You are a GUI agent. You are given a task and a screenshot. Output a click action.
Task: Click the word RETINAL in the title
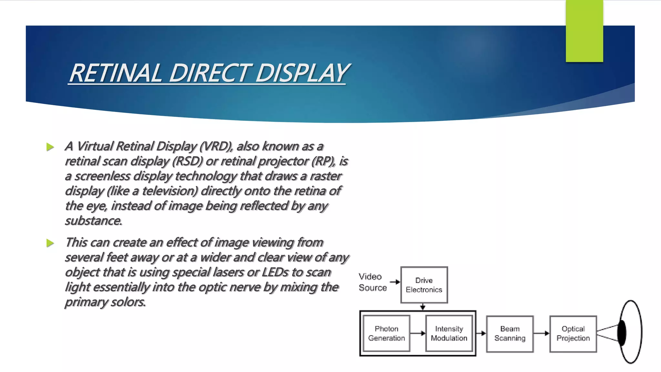point(116,73)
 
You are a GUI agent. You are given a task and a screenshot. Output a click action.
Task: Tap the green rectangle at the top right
point(584,31)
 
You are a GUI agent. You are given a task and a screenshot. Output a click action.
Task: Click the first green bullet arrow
point(50,147)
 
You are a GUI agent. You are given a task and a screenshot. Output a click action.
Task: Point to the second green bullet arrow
point(50,243)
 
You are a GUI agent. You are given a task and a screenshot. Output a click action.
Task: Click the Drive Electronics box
point(424,285)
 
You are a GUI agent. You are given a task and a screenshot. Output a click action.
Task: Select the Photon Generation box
point(386,333)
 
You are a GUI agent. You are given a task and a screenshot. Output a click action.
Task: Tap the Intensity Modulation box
point(449,333)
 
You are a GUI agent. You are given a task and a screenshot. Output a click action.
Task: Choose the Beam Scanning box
point(510,334)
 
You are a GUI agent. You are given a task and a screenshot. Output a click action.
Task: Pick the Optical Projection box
point(573,334)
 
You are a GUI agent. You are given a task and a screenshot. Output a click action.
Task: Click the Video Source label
point(372,282)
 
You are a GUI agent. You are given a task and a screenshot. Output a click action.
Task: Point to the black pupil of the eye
point(622,333)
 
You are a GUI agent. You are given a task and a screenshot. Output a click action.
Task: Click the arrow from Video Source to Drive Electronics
point(395,282)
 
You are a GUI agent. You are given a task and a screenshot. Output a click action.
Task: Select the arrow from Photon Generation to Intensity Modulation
point(418,333)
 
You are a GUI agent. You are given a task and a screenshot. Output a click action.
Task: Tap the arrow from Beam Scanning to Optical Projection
point(541,333)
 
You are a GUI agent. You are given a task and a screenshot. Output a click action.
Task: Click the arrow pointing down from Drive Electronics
point(423,306)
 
